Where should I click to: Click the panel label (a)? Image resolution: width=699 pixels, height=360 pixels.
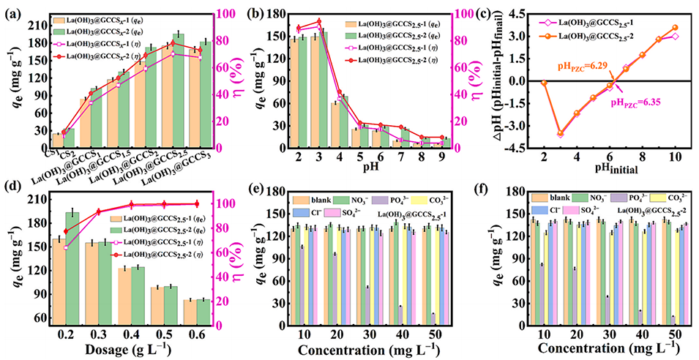click(13, 11)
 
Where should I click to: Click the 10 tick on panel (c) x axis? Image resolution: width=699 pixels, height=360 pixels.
click(674, 156)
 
